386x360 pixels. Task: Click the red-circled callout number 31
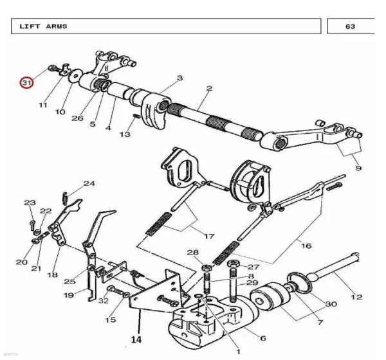(26, 83)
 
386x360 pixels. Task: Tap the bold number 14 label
(136, 339)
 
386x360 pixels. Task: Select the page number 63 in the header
(350, 26)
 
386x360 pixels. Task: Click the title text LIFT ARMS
(43, 26)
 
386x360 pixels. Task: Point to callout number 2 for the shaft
(209, 88)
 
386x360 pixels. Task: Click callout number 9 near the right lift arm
(358, 168)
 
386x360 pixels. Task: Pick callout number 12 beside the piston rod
(356, 297)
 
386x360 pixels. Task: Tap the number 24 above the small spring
(89, 183)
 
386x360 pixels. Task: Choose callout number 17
(209, 236)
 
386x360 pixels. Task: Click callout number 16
(306, 246)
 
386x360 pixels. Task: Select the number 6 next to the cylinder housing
(263, 338)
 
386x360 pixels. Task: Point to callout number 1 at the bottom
(238, 352)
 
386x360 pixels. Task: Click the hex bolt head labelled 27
(233, 264)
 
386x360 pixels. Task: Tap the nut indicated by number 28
(207, 267)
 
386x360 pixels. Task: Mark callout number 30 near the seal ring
(331, 304)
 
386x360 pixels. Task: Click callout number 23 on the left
(30, 203)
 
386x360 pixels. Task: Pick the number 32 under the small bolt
(104, 301)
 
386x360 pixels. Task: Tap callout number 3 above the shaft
(180, 78)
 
